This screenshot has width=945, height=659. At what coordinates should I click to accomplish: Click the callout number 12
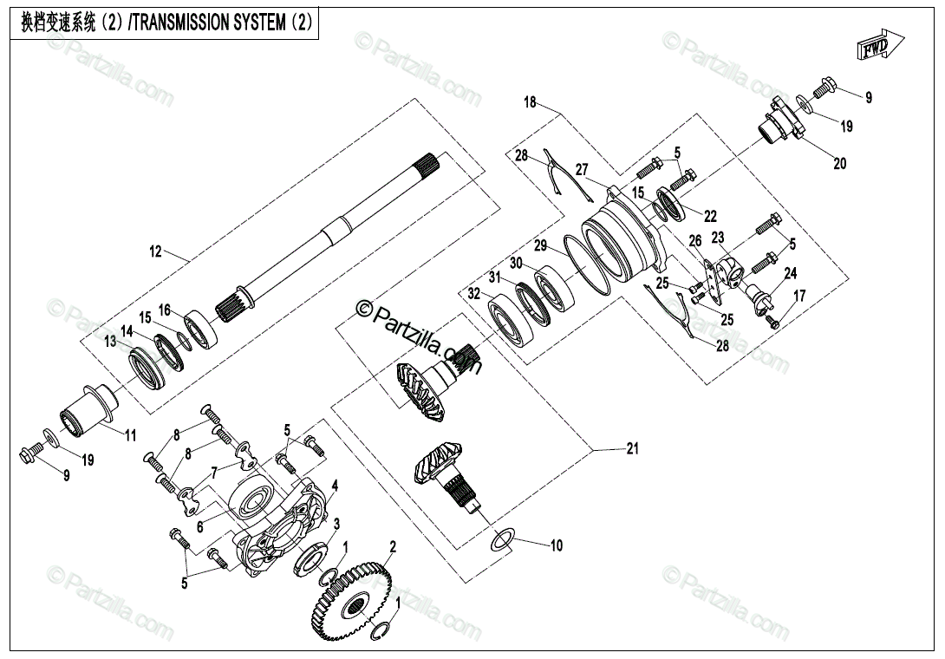coord(155,253)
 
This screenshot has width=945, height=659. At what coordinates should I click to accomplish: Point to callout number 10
coord(556,545)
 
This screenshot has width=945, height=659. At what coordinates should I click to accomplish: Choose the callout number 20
coord(839,163)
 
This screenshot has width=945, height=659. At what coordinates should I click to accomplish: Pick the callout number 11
coord(131,434)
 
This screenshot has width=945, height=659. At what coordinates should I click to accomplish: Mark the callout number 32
coord(474,294)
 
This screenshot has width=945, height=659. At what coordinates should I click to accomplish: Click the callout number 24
coord(790,274)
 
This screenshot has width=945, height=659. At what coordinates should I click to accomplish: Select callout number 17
coord(799,296)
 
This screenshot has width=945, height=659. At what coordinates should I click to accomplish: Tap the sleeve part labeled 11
coord(85,409)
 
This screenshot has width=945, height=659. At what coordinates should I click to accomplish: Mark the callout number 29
coord(540,245)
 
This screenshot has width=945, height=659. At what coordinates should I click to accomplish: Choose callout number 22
coord(710,216)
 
